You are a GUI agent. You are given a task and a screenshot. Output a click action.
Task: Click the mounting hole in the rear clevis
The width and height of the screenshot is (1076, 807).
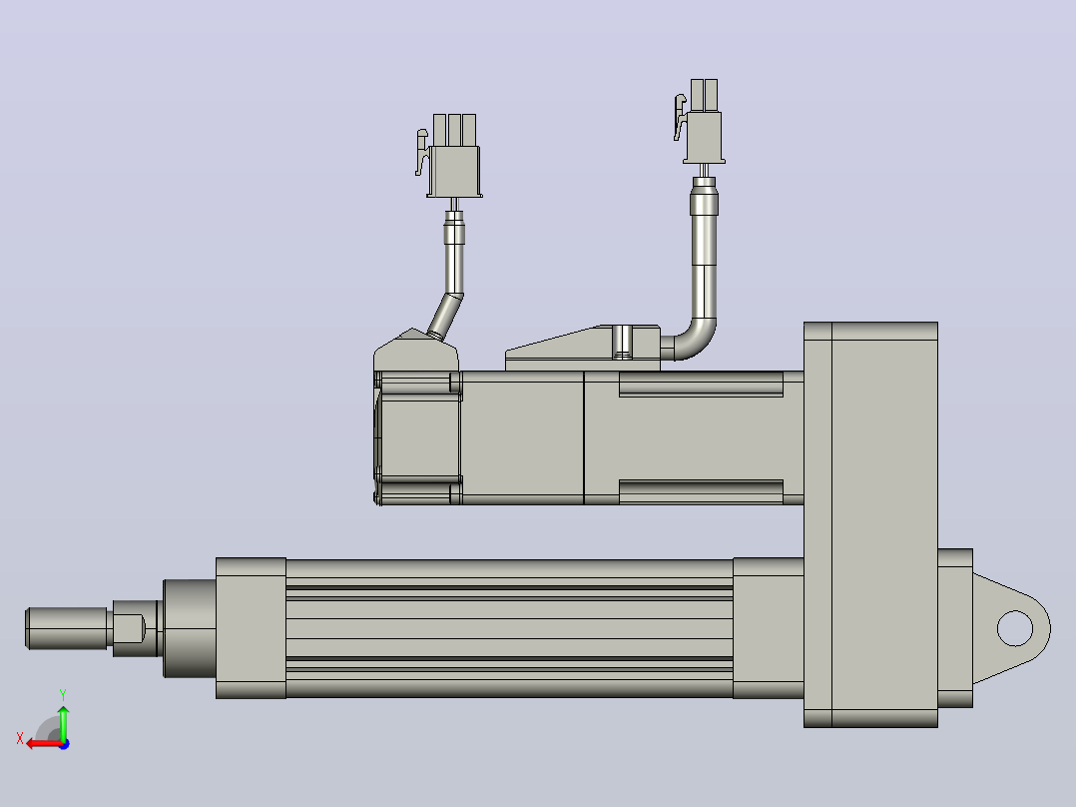pos(1014,628)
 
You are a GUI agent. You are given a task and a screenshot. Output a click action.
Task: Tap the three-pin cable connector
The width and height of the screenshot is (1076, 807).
pos(449,156)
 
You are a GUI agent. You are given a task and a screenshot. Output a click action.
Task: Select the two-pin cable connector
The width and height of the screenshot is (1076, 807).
pos(701,122)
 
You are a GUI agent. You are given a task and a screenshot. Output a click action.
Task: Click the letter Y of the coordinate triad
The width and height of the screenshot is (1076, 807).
pos(63,695)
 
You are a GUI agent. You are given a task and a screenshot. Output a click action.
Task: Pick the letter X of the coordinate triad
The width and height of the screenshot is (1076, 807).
pos(20,738)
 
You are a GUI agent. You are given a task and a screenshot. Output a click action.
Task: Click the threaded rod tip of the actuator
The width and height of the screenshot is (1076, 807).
pos(67,628)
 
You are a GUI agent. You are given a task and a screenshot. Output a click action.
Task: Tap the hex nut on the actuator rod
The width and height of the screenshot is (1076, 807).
pos(136,628)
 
